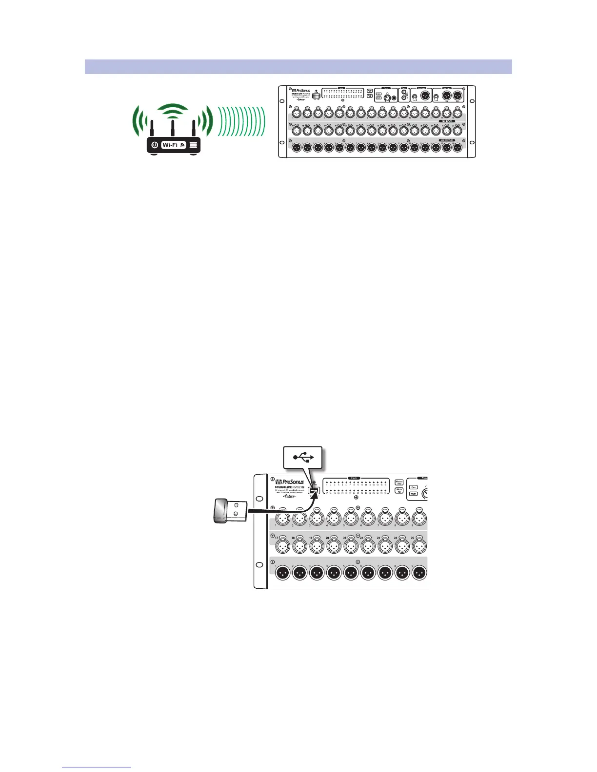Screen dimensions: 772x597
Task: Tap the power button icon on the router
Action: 155,145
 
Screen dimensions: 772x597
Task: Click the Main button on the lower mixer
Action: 414,494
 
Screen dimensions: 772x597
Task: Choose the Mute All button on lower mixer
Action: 399,490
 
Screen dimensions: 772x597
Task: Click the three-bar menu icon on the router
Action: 193,145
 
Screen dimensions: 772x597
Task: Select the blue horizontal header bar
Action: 298,67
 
